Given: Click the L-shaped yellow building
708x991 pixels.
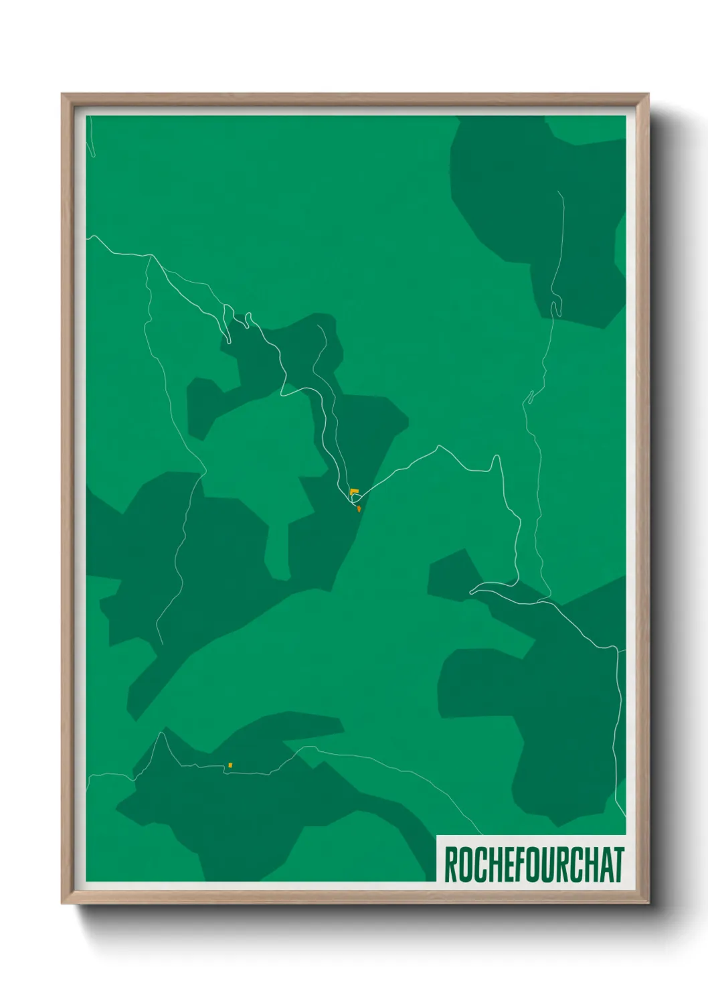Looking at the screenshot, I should (353, 493).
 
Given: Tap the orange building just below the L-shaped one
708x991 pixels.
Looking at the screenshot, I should (359, 509).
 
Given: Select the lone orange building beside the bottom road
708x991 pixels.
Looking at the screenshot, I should (230, 765).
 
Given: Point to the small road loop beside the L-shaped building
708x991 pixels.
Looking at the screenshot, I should (355, 500).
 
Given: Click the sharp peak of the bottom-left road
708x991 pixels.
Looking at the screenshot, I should (161, 733).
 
